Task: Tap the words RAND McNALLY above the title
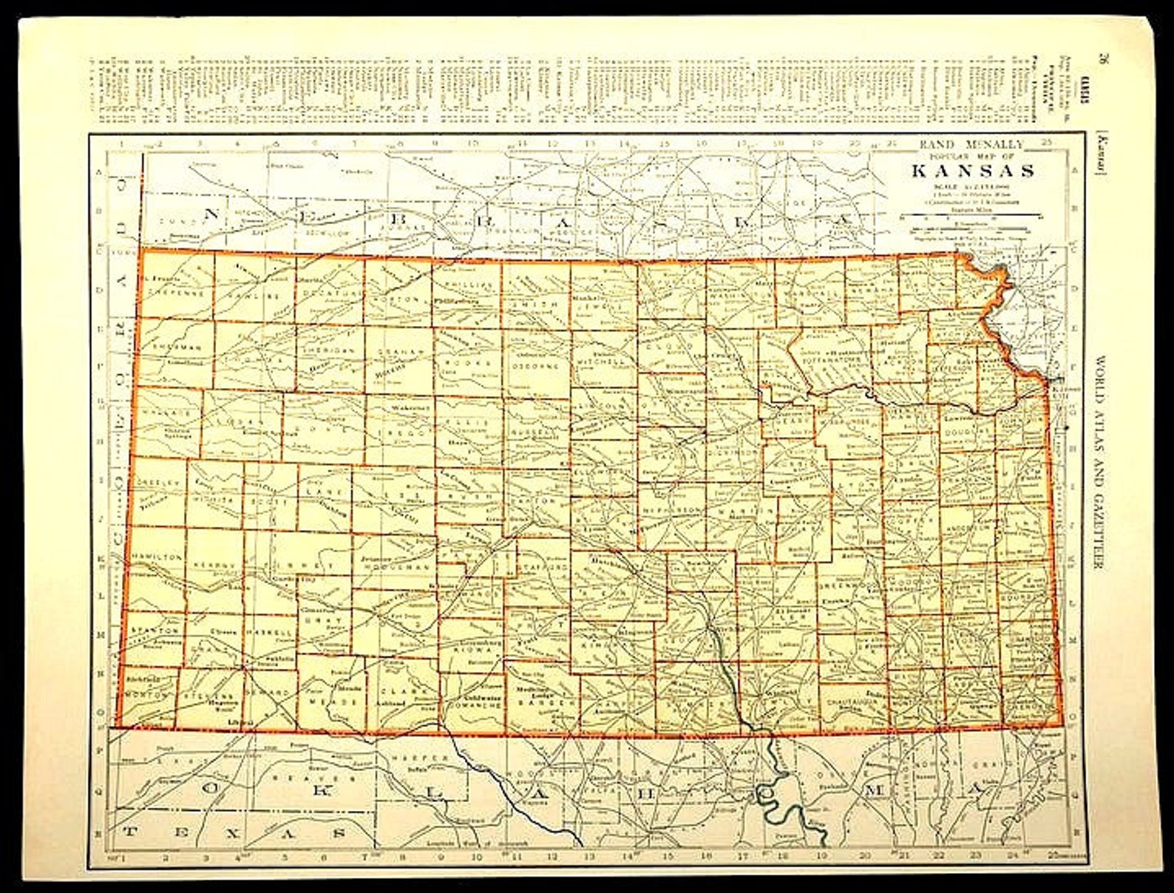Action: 971,145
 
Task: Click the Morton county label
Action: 140,694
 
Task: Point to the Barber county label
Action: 542,703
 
